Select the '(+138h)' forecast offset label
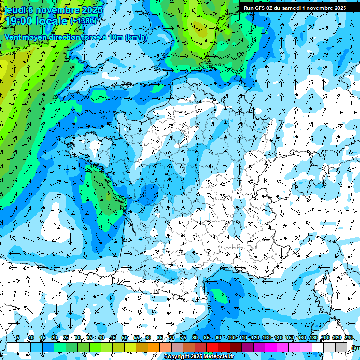(83, 21)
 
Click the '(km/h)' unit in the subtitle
(136, 37)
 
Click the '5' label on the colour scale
(18, 338)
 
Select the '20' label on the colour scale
(54, 338)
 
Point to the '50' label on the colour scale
(125, 338)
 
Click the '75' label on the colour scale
(183, 338)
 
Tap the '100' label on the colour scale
(232, 338)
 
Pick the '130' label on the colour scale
(267, 338)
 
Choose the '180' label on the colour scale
(314, 338)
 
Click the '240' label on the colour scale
(349, 338)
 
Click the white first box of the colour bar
(13, 347)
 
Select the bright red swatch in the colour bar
(212, 347)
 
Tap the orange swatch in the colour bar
(154, 347)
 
